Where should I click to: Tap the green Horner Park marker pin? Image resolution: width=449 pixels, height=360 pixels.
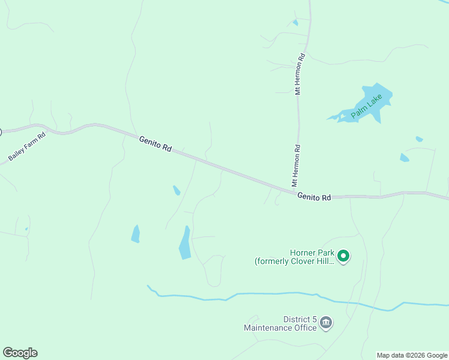(x=343, y=256)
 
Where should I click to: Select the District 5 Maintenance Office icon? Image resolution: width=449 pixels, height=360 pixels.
(x=326, y=323)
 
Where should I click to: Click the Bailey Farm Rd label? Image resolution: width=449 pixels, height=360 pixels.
(x=27, y=146)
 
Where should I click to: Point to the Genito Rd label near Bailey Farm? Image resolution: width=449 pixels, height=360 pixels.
(x=155, y=145)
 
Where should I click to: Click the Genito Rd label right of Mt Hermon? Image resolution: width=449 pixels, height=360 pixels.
(x=314, y=197)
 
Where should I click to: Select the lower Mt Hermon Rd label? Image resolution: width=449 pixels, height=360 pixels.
(x=296, y=166)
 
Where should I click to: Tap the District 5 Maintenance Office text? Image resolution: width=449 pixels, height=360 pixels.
(x=280, y=323)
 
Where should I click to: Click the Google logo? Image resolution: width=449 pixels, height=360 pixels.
(x=20, y=353)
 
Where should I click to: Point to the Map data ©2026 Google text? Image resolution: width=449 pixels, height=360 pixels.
(x=412, y=355)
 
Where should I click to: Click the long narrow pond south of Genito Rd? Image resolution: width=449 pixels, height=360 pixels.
(x=185, y=243)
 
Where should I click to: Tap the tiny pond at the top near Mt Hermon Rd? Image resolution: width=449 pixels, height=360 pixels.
(x=295, y=23)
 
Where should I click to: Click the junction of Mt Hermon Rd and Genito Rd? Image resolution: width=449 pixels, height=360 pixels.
(x=298, y=188)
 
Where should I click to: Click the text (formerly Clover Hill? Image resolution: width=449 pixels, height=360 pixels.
(x=294, y=262)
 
